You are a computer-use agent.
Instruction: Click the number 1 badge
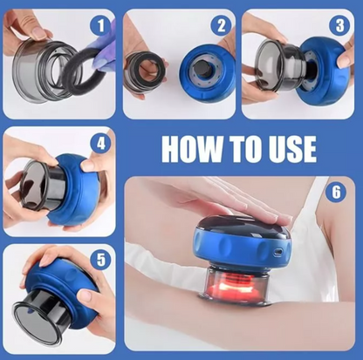coord(100,25)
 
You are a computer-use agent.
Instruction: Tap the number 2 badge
coord(222,25)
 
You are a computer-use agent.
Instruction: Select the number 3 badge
coord(339,25)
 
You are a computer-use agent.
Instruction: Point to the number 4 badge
coord(100,144)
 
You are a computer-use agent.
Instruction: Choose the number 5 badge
coord(100,260)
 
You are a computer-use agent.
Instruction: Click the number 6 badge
coord(336,193)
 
